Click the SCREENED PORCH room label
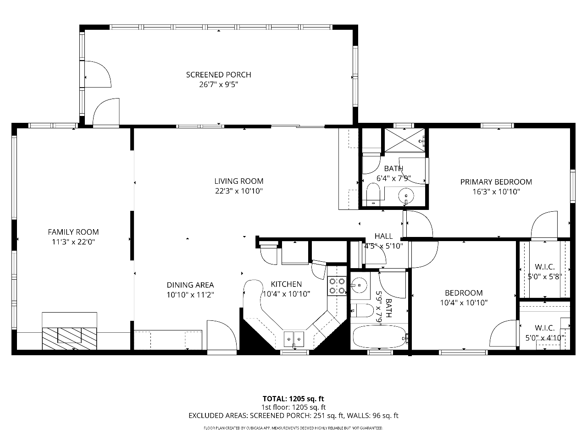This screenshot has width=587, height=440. [218, 75]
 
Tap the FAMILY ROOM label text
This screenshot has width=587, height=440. [73, 232]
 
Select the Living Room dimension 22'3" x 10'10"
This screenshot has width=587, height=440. [239, 191]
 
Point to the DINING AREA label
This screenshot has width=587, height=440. [190, 285]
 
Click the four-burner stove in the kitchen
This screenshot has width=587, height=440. [337, 286]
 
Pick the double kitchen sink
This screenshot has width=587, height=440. [293, 339]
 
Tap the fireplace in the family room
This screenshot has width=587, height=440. [69, 338]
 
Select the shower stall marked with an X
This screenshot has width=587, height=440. [404, 140]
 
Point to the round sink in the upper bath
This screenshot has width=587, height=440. [406, 196]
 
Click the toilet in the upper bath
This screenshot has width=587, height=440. [373, 194]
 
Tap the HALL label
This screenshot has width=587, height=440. [383, 236]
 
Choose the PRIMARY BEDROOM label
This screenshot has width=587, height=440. [496, 182]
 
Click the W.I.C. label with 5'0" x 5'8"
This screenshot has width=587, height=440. [545, 267]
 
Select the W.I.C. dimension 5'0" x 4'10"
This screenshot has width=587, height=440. [545, 338]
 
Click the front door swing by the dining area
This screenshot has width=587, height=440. [222, 335]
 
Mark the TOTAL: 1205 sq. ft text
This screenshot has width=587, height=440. [293, 399]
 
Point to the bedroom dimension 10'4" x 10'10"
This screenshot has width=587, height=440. [464, 302]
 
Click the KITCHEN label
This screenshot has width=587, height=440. [286, 284]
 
